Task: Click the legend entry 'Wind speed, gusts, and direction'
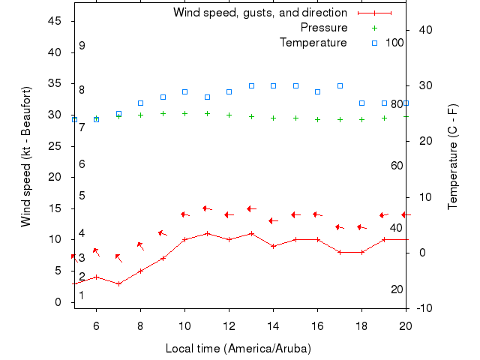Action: click(260, 13)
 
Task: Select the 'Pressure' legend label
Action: click(324, 28)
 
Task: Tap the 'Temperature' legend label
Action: click(313, 43)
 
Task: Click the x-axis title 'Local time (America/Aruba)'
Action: click(238, 349)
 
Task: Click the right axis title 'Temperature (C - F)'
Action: click(453, 157)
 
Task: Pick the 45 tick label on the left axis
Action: click(55, 21)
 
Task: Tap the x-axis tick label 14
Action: click(273, 325)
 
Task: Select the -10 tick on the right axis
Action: click(423, 308)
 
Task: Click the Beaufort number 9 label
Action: click(82, 46)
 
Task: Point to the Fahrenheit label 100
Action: click(394, 43)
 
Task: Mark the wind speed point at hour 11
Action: click(207, 233)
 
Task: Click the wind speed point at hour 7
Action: click(118, 283)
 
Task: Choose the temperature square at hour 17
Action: click(340, 85)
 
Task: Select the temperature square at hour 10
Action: click(184, 91)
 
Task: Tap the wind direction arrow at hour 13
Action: click(251, 208)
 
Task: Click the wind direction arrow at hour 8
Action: click(140, 245)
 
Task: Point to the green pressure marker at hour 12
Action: click(229, 115)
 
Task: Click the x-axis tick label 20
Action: click(406, 325)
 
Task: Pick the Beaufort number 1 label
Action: click(82, 295)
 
